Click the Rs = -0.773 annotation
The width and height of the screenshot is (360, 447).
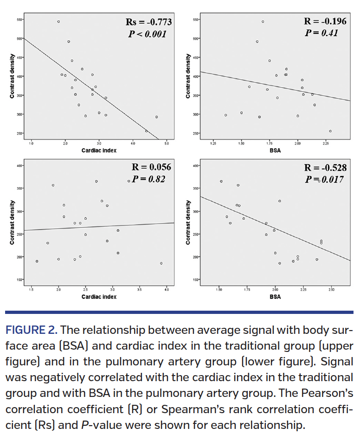pos(148,22)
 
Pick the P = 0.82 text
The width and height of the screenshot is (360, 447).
pos(149,179)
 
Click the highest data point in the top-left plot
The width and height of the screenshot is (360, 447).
pos(58,22)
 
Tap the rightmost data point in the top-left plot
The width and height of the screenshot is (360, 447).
pos(156,117)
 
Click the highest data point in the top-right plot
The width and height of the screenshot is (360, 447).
pos(263,22)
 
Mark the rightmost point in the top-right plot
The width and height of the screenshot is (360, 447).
pos(330,131)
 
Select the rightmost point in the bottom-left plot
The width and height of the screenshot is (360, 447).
pos(161,263)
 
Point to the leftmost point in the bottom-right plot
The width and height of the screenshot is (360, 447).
pos(221,181)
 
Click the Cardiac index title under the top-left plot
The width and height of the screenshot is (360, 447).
pos(99,150)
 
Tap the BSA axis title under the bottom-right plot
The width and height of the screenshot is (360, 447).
pos(275,297)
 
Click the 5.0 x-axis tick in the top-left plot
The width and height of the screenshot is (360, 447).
pos(167,144)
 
